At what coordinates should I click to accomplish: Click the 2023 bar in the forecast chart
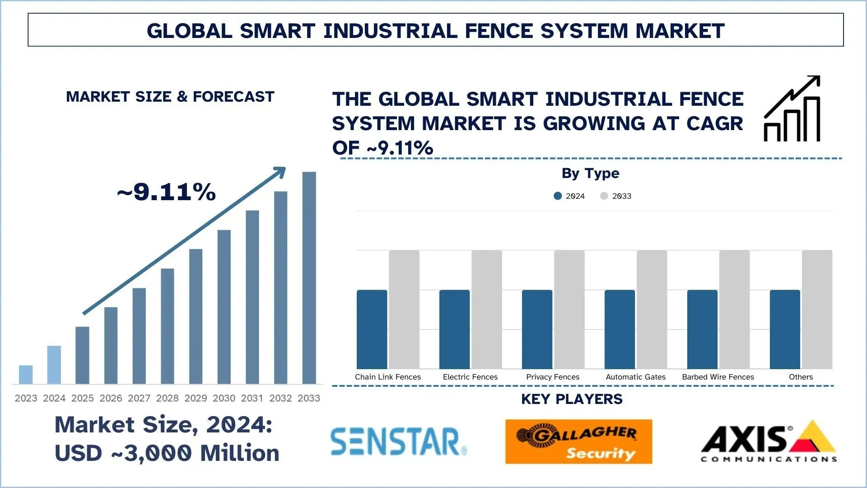click(26, 375)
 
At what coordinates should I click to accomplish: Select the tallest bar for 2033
click(309, 278)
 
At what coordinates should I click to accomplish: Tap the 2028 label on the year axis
click(167, 398)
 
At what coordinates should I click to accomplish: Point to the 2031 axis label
click(252, 398)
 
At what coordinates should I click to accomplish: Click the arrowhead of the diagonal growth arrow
click(281, 172)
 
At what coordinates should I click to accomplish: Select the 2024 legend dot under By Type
click(558, 196)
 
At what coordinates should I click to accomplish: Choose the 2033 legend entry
click(616, 196)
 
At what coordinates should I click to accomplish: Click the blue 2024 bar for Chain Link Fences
click(372, 329)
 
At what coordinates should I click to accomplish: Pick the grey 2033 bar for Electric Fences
click(486, 310)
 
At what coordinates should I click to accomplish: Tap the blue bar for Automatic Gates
click(620, 329)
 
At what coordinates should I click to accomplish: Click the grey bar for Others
click(817, 310)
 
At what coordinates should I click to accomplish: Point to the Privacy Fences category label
click(553, 377)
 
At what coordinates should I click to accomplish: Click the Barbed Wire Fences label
click(718, 377)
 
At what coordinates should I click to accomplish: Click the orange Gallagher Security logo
click(578, 441)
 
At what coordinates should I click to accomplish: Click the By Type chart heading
click(590, 173)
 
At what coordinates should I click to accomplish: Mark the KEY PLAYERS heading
click(572, 399)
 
